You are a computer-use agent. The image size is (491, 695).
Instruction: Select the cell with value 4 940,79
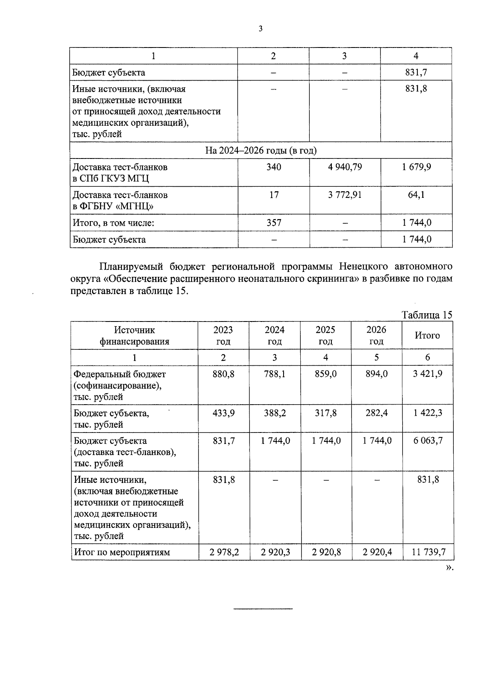pos(345,167)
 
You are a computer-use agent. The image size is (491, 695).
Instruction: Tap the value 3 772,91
pos(345,195)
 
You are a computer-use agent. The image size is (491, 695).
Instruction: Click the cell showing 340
pos(273,167)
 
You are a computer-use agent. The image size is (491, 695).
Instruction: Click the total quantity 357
pos(273,223)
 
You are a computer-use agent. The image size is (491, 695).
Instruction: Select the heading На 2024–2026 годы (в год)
pos(261,151)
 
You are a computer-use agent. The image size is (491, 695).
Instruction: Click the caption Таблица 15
pos(427,315)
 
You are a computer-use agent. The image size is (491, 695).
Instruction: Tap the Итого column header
pos(427,335)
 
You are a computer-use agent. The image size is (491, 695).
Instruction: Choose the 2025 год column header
pos(325,335)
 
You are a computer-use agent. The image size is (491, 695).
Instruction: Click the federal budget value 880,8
pos(223,374)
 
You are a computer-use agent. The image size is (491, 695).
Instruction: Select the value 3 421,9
pos(428,374)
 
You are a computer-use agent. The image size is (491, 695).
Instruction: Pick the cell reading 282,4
pos(376,413)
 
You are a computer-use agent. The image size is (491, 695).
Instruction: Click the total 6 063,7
pos(428,441)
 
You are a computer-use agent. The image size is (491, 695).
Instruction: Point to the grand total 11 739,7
pos(428,552)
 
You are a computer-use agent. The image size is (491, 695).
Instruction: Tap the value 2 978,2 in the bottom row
pos(224,552)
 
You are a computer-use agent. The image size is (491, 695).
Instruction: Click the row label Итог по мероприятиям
pos(122,552)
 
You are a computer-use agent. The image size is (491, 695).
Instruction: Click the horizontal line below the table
pos(263,609)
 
